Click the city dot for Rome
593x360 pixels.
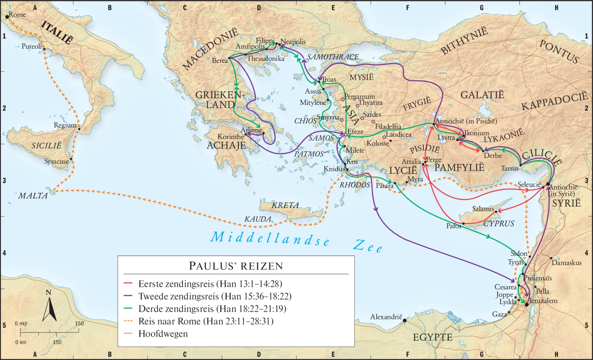pyautogui.click(x=7, y=17)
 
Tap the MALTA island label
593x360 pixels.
pyautogui.click(x=33, y=196)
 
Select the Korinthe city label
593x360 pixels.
pyautogui.click(x=230, y=137)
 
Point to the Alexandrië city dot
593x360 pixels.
pyautogui.click(x=405, y=320)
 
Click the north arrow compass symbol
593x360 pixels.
pyautogui.click(x=50, y=308)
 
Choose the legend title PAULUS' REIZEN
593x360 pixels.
pyautogui.click(x=236, y=266)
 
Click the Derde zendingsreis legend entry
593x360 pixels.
pyautogui.click(x=212, y=309)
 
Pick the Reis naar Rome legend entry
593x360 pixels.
pyautogui.click(x=206, y=321)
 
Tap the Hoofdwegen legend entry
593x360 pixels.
pyautogui.click(x=163, y=334)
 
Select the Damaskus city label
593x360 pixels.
pyautogui.click(x=566, y=263)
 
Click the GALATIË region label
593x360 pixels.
pyautogui.click(x=482, y=95)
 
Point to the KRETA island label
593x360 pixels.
pyautogui.click(x=285, y=205)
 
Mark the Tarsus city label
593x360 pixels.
pyautogui.click(x=510, y=168)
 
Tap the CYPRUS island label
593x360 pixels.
pyautogui.click(x=498, y=223)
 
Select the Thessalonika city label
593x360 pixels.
pyautogui.click(x=266, y=59)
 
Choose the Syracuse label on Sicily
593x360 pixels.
pyautogui.click(x=56, y=161)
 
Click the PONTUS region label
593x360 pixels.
pyautogui.click(x=559, y=51)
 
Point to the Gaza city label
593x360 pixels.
pyautogui.click(x=499, y=314)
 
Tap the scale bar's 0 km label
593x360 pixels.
pyautogui.click(x=21, y=342)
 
